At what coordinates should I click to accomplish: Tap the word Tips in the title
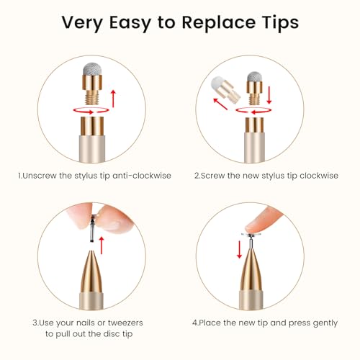point(280,23)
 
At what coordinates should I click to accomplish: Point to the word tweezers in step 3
point(125,323)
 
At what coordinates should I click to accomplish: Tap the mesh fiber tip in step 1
point(92,69)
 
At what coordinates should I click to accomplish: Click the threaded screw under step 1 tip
point(92,97)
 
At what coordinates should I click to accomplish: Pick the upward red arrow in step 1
point(113,99)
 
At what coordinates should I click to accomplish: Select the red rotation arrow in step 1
point(91,112)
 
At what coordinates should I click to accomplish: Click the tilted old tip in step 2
point(225,89)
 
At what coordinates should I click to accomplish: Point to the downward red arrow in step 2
point(269,95)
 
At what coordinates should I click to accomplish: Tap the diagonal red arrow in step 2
point(220,104)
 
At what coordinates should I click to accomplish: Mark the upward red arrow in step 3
point(102,245)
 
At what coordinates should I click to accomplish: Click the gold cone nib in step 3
point(91,271)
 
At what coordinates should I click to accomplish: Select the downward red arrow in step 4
point(239,250)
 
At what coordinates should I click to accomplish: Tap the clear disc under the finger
point(251,235)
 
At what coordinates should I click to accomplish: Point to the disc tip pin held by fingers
point(91,228)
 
